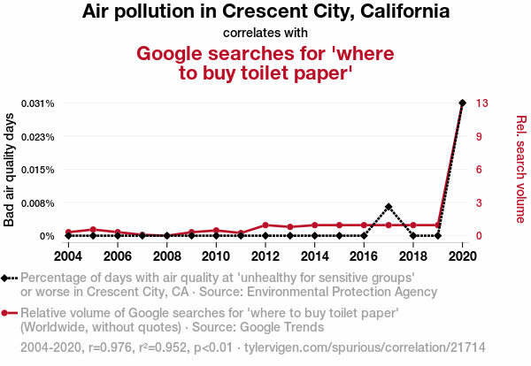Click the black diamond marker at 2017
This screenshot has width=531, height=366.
[389, 207]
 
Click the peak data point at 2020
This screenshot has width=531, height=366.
[462, 103]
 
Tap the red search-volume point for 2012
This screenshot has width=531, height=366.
[265, 225]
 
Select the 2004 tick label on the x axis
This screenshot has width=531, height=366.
[68, 255]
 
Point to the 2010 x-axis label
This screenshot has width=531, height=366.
[216, 255]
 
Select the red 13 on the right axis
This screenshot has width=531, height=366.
[481, 103]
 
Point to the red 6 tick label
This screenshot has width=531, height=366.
[479, 170]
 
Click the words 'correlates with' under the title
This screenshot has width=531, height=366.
[265, 34]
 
